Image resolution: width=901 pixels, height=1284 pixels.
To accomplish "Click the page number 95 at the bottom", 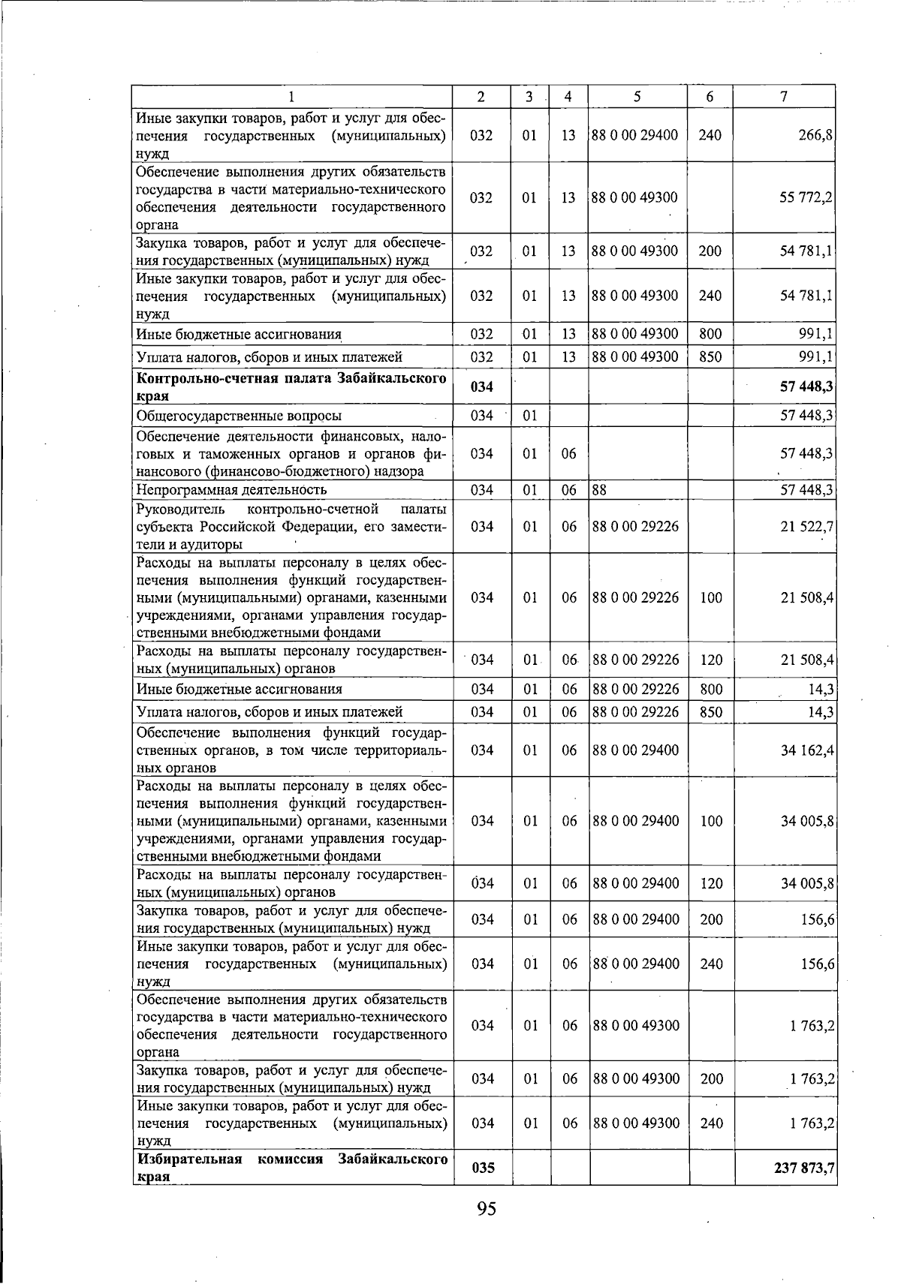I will pyautogui.click(x=486, y=1208).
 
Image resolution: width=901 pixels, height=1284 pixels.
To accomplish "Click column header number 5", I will pyautogui.click(x=637, y=97).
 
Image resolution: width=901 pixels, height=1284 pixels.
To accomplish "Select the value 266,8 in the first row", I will pyautogui.click(x=818, y=136).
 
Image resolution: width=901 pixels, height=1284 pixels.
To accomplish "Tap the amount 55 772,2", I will pyautogui.click(x=808, y=198).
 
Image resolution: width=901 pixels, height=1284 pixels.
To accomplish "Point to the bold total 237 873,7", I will pyautogui.click(x=802, y=1168).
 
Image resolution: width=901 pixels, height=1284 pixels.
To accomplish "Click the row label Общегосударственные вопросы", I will pyautogui.click(x=239, y=416).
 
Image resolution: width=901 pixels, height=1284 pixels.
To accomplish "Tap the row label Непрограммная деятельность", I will pyautogui.click(x=231, y=490).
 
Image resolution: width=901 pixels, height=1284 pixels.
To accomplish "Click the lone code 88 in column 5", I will pyautogui.click(x=599, y=490).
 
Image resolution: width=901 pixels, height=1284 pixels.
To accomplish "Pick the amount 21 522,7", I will pyautogui.click(x=808, y=527).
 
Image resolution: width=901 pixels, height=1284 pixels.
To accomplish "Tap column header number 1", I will pyautogui.click(x=291, y=97).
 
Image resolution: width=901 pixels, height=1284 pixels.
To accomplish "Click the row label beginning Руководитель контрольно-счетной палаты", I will pyautogui.click(x=291, y=527).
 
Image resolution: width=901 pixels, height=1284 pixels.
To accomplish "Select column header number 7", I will pyautogui.click(x=783, y=97).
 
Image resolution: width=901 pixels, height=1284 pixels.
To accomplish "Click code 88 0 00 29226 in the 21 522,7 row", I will pyautogui.click(x=635, y=527).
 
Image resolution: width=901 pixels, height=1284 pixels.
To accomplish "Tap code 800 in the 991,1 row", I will pyautogui.click(x=710, y=334).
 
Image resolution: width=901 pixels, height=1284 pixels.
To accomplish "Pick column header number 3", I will pyautogui.click(x=529, y=97).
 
